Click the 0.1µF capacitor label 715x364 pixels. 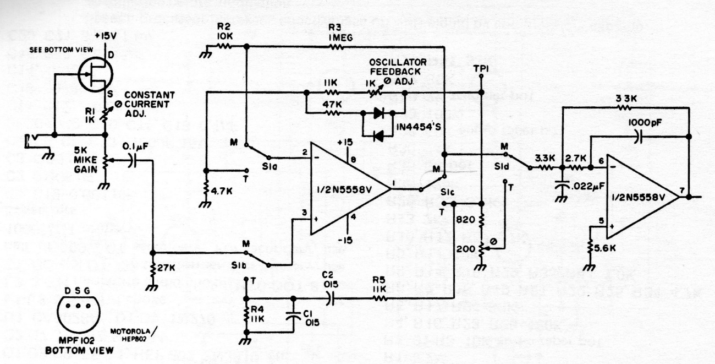[x=133, y=147]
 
